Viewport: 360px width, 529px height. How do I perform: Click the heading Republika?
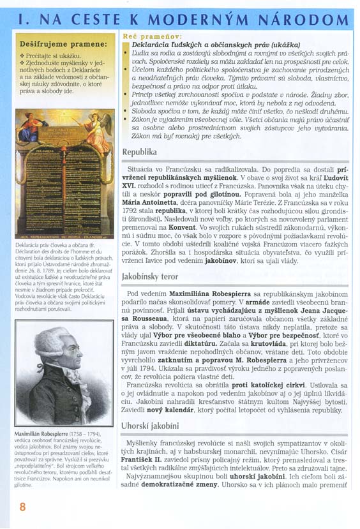(139, 153)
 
